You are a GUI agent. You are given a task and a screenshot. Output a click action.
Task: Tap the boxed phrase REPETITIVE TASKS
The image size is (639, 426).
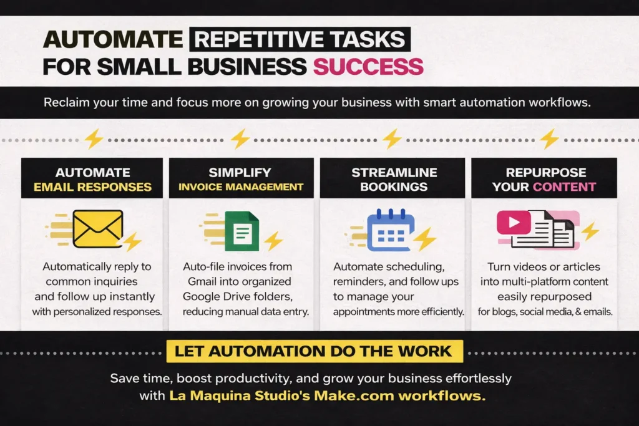pyautogui.click(x=300, y=39)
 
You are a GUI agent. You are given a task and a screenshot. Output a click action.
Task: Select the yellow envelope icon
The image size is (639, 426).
pyautogui.click(x=97, y=228)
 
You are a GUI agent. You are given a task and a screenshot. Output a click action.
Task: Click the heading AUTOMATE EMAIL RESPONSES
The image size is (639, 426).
pyautogui.click(x=92, y=179)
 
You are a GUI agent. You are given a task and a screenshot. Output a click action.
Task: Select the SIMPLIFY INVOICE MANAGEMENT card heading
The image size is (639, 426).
pyautogui.click(x=240, y=179)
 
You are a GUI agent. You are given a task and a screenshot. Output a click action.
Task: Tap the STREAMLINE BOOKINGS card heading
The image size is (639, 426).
pyautogui.click(x=393, y=179)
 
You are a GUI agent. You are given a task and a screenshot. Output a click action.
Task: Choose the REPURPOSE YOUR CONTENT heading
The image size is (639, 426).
pyautogui.click(x=544, y=179)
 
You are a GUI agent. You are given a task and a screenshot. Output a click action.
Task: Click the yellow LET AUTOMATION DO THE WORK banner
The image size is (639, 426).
pyautogui.click(x=314, y=351)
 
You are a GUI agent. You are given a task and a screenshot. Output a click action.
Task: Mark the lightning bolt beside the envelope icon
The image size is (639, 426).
pyautogui.click(x=132, y=242)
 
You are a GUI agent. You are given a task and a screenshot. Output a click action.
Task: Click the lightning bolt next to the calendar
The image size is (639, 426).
pyautogui.click(x=426, y=239)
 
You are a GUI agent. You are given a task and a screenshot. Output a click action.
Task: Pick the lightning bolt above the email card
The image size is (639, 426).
pyautogui.click(x=94, y=138)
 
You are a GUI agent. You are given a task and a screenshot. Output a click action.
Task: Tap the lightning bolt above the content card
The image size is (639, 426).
pyautogui.click(x=549, y=138)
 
